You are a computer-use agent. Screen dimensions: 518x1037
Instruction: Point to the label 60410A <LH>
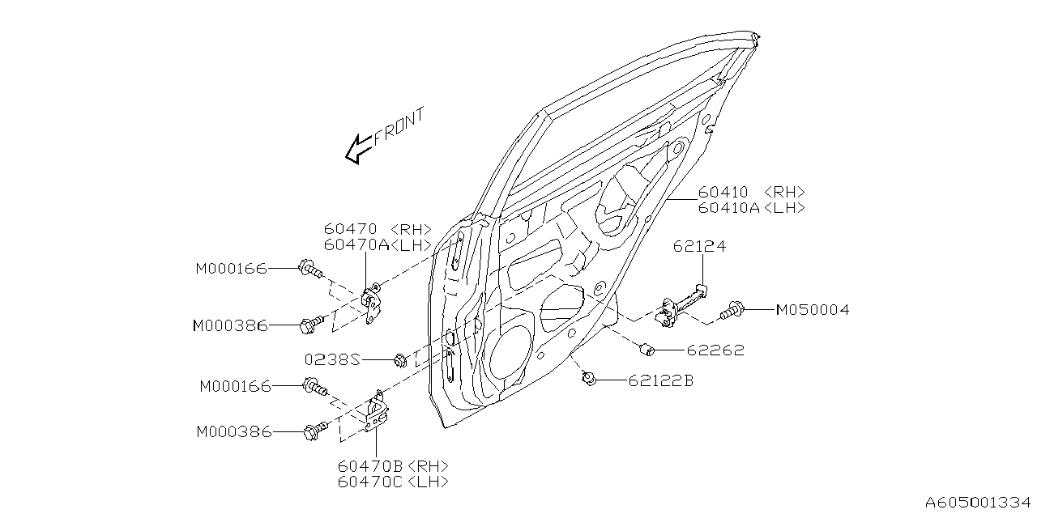point(751,207)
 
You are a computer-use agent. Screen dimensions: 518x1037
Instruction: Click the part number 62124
point(699,247)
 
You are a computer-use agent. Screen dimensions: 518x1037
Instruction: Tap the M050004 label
point(813,310)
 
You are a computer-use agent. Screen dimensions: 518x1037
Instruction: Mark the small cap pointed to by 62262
point(647,349)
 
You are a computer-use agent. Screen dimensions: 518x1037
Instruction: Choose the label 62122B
point(660,380)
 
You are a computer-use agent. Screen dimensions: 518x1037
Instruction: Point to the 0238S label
point(332,358)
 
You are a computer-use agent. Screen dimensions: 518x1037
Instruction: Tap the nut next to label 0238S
point(400,358)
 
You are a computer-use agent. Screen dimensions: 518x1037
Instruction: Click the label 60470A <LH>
point(378,244)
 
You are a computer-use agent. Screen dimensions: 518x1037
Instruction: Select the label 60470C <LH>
point(394,482)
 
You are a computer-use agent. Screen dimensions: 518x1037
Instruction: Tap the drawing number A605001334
point(979,502)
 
